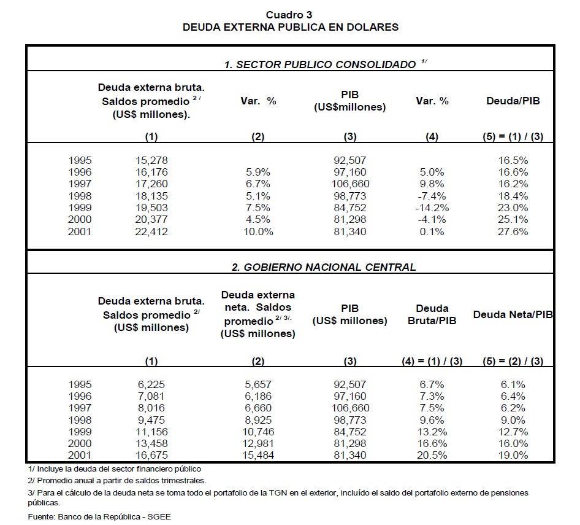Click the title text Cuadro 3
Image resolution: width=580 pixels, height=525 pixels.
click(x=289, y=15)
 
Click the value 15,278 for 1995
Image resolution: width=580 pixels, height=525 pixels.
click(x=151, y=160)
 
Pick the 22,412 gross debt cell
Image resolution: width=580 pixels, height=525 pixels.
click(x=151, y=231)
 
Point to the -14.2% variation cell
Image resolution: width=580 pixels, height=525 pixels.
click(x=432, y=208)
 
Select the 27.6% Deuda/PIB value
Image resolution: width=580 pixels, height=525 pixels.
click(x=513, y=231)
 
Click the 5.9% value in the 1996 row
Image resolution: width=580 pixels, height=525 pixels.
click(x=258, y=172)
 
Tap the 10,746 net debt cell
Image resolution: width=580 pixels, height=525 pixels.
click(x=258, y=432)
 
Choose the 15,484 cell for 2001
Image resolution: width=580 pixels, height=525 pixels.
click(x=258, y=455)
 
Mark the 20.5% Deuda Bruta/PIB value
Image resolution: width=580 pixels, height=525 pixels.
click(x=432, y=455)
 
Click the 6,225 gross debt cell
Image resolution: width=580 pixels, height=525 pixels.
click(x=151, y=384)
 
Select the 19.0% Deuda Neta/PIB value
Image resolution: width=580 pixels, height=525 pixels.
click(x=513, y=455)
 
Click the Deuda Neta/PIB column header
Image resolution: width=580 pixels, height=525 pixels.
click(x=513, y=314)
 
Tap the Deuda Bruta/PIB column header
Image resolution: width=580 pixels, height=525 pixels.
click(x=432, y=314)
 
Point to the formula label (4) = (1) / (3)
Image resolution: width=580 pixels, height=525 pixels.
click(x=432, y=361)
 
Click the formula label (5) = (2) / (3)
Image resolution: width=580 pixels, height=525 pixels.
click(x=513, y=361)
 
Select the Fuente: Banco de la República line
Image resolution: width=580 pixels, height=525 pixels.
click(x=99, y=516)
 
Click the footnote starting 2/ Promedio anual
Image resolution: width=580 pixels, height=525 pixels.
click(x=116, y=481)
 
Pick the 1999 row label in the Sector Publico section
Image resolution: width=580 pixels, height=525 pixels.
click(x=80, y=208)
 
